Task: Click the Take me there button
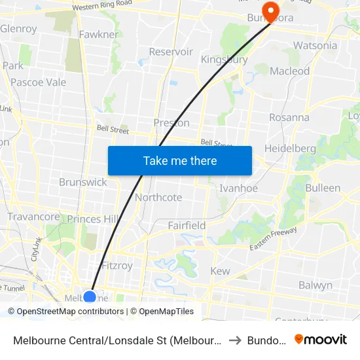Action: (180, 160)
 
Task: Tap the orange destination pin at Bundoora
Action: (269, 11)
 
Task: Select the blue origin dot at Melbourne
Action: (90, 297)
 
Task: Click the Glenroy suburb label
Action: (18, 29)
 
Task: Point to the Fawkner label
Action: (98, 34)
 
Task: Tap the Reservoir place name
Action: (171, 52)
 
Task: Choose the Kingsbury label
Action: (224, 60)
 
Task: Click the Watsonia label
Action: (315, 45)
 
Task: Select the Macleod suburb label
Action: (289, 71)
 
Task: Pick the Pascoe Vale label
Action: (38, 82)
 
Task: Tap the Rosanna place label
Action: (289, 118)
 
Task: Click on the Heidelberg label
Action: (290, 149)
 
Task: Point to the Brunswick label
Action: (82, 182)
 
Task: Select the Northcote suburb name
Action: (158, 197)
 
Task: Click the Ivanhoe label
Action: (238, 188)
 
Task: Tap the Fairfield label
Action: (187, 225)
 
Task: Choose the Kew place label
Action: (220, 271)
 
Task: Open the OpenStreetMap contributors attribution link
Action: (69, 312)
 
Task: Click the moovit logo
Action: (320, 339)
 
